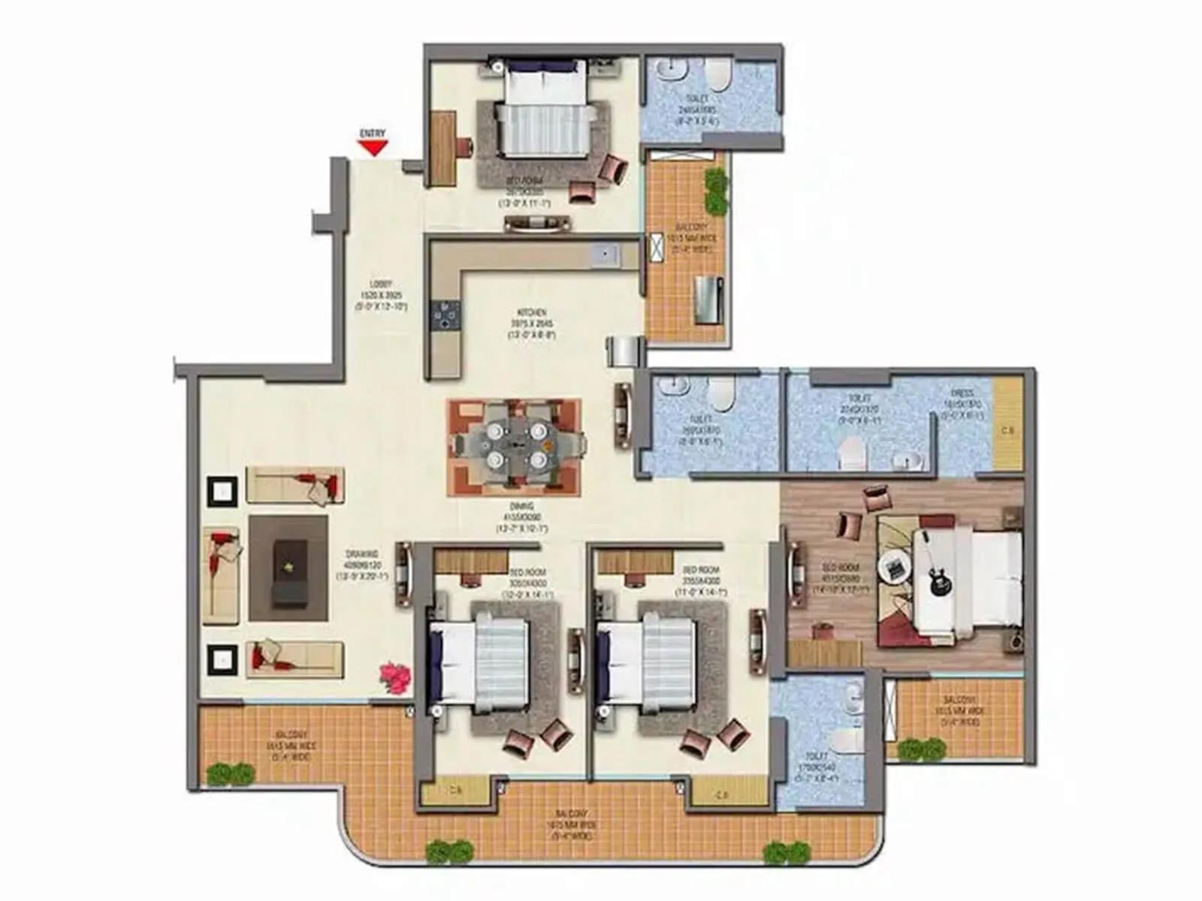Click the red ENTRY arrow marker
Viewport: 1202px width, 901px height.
click(x=372, y=148)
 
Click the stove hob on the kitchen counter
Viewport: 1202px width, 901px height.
click(x=445, y=315)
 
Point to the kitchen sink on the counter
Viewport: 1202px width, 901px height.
click(x=604, y=255)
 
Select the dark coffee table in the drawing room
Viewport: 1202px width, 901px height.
click(x=288, y=573)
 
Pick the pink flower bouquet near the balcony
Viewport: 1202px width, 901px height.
click(x=395, y=677)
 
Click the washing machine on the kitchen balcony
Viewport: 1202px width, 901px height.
click(x=708, y=300)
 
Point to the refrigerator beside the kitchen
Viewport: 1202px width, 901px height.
click(x=626, y=351)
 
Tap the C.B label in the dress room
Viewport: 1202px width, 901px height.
click(x=1007, y=431)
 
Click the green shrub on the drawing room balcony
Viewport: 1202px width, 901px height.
click(x=230, y=773)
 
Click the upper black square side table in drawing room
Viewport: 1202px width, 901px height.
click(x=222, y=492)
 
